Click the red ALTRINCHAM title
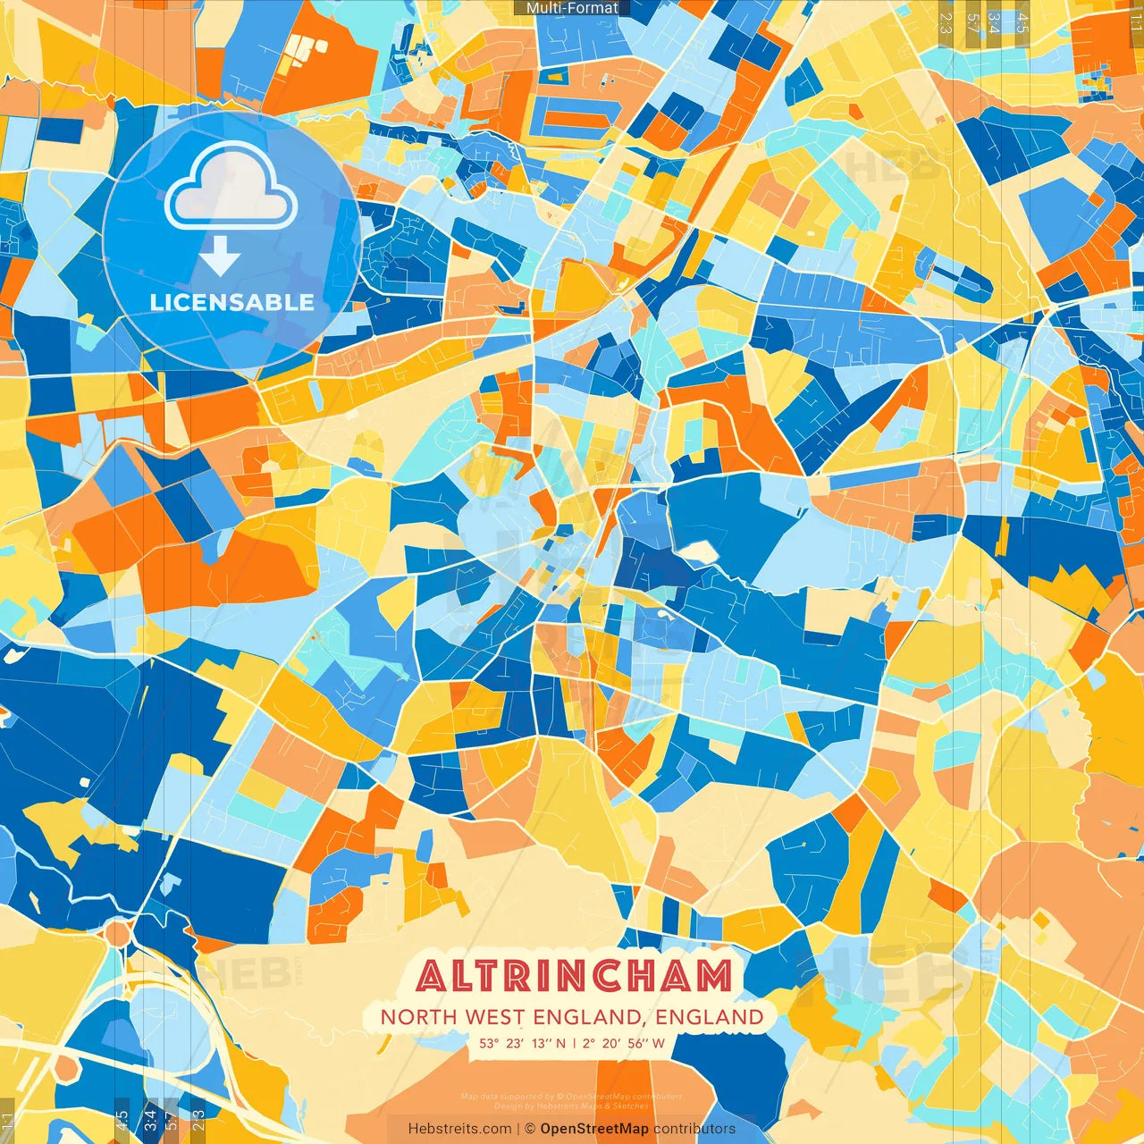click(574, 976)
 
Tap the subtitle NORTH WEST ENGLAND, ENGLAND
click(572, 1017)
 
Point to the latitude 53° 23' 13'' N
click(523, 1043)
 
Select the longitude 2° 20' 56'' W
click(624, 1043)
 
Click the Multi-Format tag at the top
click(572, 8)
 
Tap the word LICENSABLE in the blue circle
click(232, 302)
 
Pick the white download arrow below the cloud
click(220, 257)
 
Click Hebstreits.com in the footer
click(459, 1129)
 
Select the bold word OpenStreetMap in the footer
click(594, 1129)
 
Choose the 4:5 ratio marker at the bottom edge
click(122, 1121)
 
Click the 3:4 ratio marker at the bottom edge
click(149, 1121)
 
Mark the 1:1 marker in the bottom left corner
click(7, 1121)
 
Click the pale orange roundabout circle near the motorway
click(117, 934)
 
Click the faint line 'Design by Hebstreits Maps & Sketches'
click(572, 1106)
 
